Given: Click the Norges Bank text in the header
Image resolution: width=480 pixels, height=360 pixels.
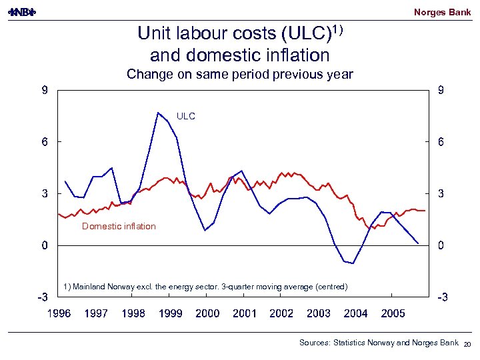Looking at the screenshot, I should [442, 12].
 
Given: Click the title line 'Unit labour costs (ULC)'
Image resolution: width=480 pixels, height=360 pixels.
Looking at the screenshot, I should [233, 33].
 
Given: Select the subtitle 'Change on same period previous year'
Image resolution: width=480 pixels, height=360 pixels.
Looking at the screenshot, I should [240, 74].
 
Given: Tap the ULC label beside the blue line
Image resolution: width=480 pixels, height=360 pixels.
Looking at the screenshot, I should [186, 116].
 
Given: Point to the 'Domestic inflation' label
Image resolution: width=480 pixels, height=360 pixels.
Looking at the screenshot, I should [119, 226].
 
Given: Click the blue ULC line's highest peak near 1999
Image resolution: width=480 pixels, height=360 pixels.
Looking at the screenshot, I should [158, 113].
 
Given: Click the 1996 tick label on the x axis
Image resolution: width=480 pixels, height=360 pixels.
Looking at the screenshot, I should [59, 313].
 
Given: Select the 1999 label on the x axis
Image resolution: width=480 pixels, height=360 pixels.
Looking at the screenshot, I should [170, 313].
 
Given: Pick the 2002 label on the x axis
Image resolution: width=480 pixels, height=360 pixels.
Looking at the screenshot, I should [281, 313].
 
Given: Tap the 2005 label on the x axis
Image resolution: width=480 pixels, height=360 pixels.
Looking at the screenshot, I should [393, 313].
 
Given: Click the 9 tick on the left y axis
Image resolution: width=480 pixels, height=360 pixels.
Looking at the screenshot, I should [44, 91].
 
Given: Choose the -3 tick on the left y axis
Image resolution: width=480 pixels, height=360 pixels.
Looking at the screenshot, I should [43, 297].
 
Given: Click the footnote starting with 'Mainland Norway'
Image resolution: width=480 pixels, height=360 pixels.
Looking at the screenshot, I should [205, 287].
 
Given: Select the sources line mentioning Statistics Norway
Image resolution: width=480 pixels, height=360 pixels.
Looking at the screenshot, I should [378, 343].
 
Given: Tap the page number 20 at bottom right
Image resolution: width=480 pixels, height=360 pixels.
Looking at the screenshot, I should [467, 344].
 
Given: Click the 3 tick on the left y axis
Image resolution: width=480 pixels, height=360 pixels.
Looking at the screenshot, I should [44, 194].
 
